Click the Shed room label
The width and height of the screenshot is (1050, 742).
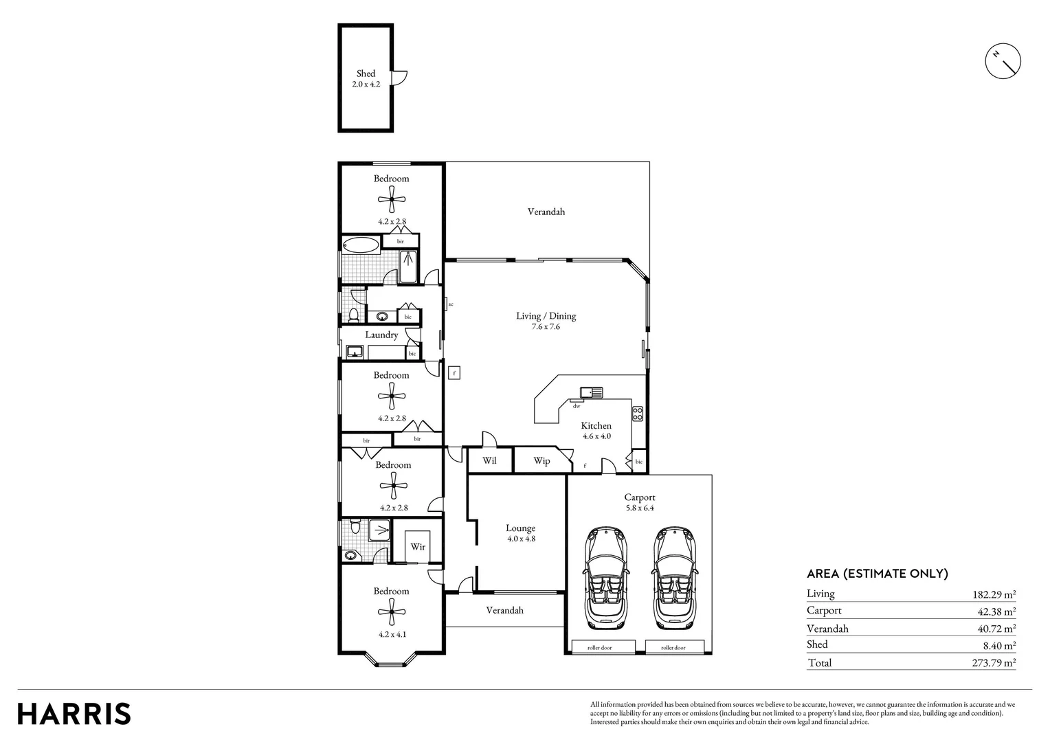[366, 74]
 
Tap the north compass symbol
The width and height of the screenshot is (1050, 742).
[1003, 62]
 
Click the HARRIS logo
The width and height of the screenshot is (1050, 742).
[74, 713]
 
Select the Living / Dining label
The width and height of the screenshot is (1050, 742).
[546, 316]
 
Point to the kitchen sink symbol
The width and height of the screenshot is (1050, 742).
[590, 392]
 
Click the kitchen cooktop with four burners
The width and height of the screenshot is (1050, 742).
[637, 414]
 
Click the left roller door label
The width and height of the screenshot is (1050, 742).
[600, 647]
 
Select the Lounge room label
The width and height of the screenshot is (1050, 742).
[520, 528]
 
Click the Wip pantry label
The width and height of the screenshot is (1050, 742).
[541, 461]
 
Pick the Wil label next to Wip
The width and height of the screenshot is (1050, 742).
[489, 460]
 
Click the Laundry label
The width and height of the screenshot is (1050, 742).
[381, 335]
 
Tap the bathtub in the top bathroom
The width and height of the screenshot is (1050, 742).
[360, 245]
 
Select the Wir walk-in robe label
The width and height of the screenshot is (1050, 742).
[418, 547]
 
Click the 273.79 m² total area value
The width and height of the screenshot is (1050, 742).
[989, 663]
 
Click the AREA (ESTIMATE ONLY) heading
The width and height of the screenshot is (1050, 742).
[877, 574]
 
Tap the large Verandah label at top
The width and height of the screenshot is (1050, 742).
[546, 212]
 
